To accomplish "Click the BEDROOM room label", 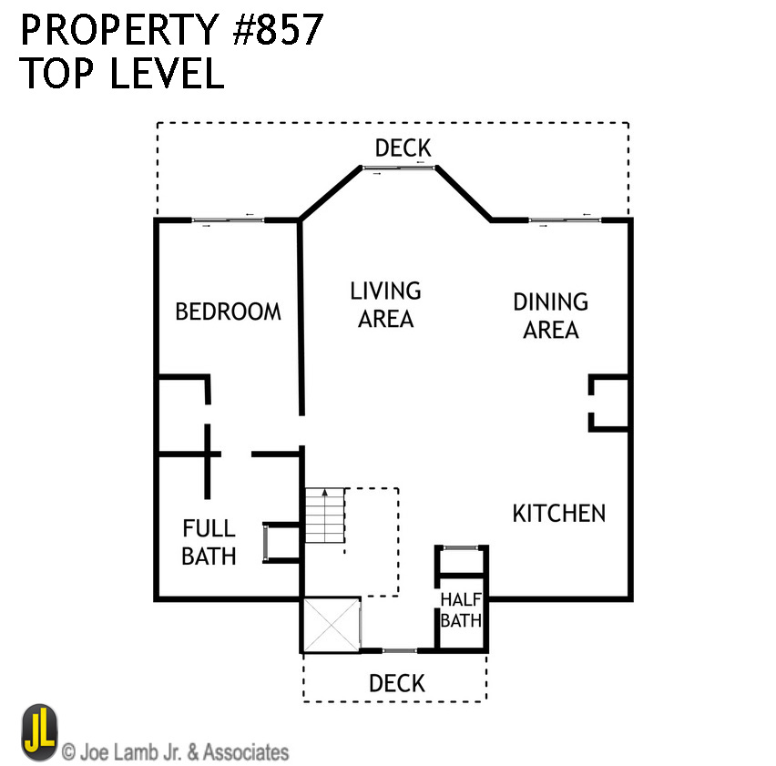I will click(228, 312).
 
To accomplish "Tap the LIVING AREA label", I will click(385, 304).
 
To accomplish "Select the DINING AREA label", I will click(550, 315).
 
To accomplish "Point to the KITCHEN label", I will click(558, 513).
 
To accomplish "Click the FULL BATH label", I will click(209, 542).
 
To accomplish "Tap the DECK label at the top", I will click(403, 148).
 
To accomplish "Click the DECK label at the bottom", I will click(396, 683).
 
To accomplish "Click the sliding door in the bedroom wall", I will click(228, 220).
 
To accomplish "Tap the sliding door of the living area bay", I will click(399, 168).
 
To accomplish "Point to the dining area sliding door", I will click(560, 220).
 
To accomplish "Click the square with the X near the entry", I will click(332, 625).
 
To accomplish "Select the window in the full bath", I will click(265, 544).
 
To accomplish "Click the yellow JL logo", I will click(39, 731).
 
